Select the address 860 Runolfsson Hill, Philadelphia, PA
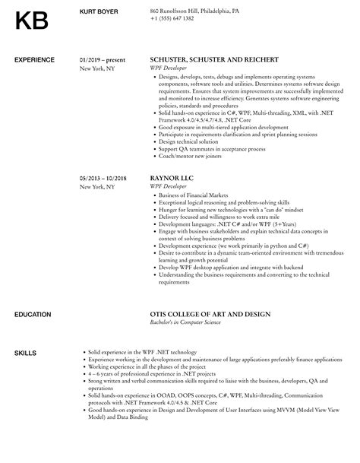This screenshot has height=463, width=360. pyautogui.click(x=195, y=11)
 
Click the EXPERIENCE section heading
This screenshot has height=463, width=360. pyautogui.click(x=35, y=59)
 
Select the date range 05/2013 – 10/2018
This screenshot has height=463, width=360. pyautogui.click(x=104, y=179)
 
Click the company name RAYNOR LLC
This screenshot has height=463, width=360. pyautogui.click(x=173, y=179)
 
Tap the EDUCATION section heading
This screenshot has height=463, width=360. pyautogui.click(x=33, y=314)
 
